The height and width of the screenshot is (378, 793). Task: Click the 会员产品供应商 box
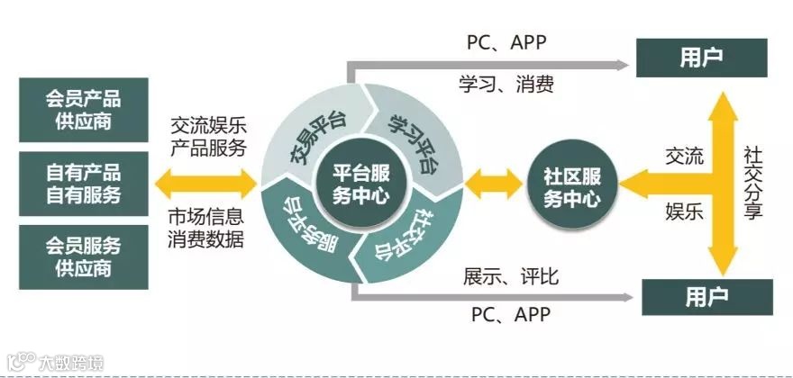point(84,110)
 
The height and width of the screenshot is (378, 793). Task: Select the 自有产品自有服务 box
point(84,183)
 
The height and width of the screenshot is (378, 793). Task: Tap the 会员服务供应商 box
point(84,256)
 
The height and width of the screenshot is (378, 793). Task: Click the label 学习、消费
point(506,85)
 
